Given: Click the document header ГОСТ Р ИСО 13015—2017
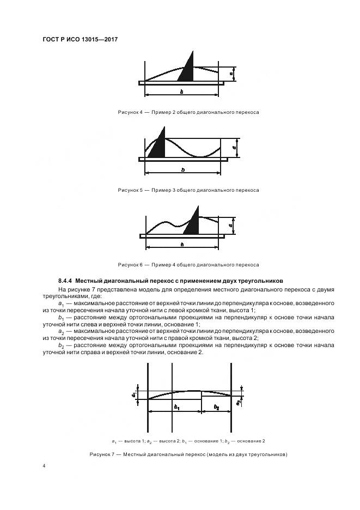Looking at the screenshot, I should coord(81,40).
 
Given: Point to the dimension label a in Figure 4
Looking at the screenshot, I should coord(231,72).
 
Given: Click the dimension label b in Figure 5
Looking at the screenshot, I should coord(182,169).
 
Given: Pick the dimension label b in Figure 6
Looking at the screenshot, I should coord(181,245).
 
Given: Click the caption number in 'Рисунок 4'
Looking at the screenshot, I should coord(141,112).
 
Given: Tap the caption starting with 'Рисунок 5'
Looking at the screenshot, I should coord(188,190).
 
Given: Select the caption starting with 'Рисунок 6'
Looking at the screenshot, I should coord(188,265).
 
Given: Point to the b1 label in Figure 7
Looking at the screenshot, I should coord(177,407).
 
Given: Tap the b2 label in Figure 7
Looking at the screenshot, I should coord(216,407).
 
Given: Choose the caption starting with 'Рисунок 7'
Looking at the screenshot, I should coord(188,454).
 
